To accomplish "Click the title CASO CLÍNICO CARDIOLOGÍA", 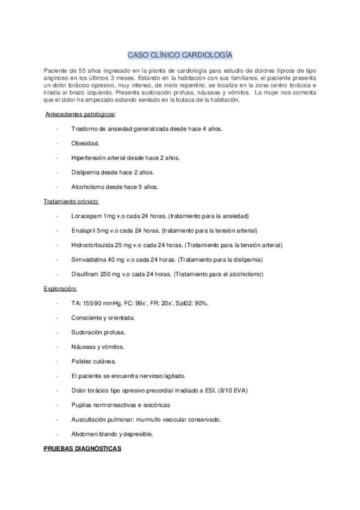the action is pyautogui.click(x=180, y=54).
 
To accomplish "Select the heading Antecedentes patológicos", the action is pyautogui.click(x=81, y=114).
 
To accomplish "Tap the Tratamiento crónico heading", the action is pyautogui.click(x=71, y=201).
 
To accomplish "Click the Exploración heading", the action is pyautogui.click(x=60, y=289).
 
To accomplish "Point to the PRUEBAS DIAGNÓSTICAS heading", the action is pyautogui.click(x=82, y=449).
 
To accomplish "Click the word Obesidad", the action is pyautogui.click(x=85, y=143).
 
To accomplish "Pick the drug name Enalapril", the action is pyautogui.click(x=83, y=230).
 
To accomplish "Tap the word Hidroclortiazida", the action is pyautogui.click(x=92, y=245).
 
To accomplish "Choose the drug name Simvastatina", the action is pyautogui.click(x=88, y=259).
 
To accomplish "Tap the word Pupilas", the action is pyautogui.click(x=81, y=405).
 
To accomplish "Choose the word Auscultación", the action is pyautogui.click(x=89, y=419).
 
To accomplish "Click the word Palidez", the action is pyautogui.click(x=81, y=361).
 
